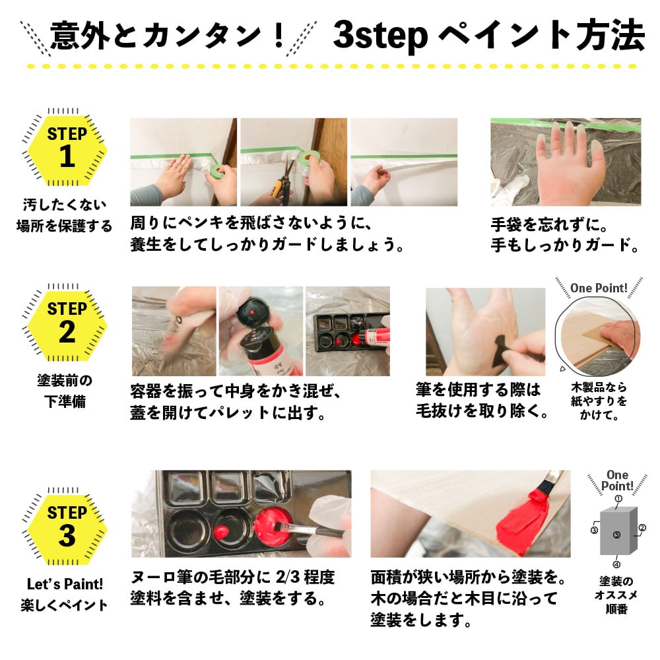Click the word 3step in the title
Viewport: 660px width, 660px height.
click(x=381, y=36)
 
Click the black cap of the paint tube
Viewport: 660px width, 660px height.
click(x=253, y=310)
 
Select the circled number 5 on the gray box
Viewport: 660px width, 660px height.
click(x=616, y=535)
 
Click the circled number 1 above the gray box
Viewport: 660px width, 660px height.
click(x=618, y=499)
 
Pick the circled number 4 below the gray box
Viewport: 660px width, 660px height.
click(x=616, y=564)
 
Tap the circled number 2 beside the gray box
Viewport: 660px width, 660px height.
click(x=642, y=528)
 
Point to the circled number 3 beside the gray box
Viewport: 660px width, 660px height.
click(x=594, y=530)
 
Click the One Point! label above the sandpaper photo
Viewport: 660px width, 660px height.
click(x=599, y=288)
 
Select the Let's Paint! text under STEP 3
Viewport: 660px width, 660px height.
click(x=65, y=584)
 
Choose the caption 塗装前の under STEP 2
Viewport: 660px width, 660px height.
click(x=65, y=380)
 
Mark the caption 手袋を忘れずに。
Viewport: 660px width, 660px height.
click(x=549, y=225)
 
